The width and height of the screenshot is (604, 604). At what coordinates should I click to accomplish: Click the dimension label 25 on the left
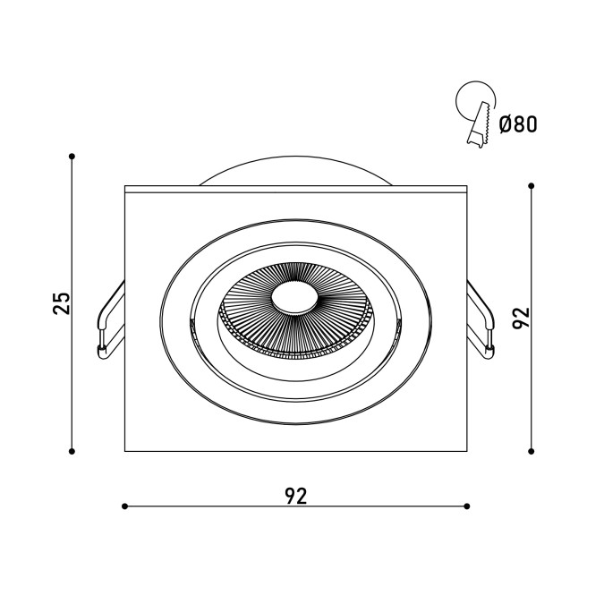62,303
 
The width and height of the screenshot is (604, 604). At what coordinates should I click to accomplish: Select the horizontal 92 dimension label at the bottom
296,496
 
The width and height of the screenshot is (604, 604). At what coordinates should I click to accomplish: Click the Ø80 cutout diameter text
518,124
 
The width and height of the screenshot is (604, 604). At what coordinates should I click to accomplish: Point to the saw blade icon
480,125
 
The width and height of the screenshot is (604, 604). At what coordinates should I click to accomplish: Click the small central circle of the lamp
294,298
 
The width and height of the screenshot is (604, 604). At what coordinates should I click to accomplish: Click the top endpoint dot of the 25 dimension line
72,157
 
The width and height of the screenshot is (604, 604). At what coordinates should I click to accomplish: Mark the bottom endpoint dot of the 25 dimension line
72,451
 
